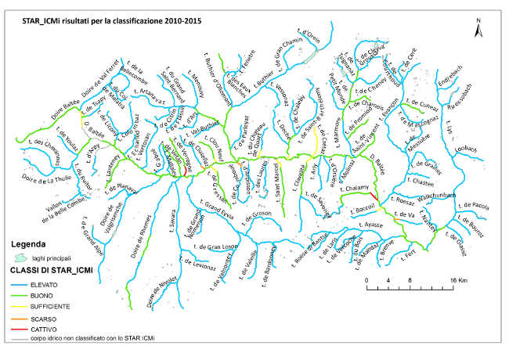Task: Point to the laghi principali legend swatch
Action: [x=21, y=257]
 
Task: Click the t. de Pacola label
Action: [x=471, y=206]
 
